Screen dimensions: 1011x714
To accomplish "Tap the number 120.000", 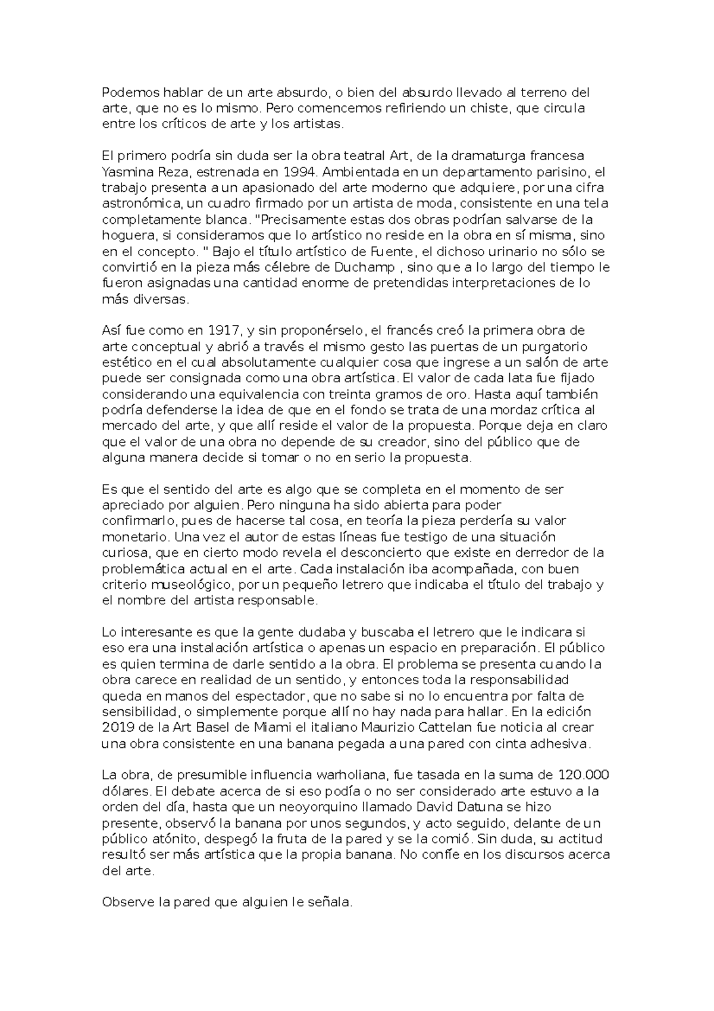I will tap(584, 775).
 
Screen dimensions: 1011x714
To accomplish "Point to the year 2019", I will tap(119, 728).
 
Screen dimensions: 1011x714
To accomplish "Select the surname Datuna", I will tap(462, 807).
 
